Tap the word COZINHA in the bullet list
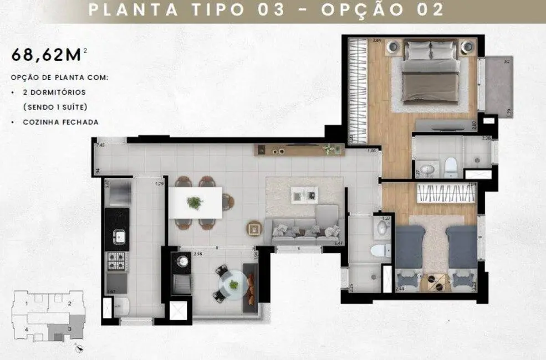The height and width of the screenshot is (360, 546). pyautogui.click(x=40, y=122)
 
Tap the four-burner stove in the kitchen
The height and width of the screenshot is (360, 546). pyautogui.click(x=118, y=261)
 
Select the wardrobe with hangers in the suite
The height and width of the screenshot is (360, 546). pyautogui.click(x=356, y=89)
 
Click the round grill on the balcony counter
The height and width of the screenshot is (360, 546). pyautogui.click(x=181, y=259)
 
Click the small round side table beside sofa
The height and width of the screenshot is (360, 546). pyautogui.click(x=254, y=228)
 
